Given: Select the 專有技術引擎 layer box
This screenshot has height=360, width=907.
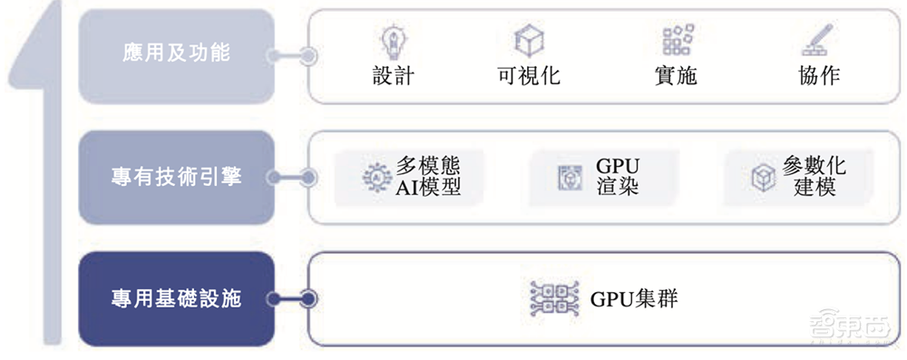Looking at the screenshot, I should (x=176, y=177).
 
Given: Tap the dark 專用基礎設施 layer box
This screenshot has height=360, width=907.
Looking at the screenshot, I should (x=176, y=298).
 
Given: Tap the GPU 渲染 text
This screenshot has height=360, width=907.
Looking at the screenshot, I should (x=619, y=178).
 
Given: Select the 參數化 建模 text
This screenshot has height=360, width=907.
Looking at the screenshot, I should (x=814, y=178).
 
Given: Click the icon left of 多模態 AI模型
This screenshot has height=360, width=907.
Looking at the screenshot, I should (x=374, y=178).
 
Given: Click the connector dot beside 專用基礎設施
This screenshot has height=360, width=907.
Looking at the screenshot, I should (x=308, y=298).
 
